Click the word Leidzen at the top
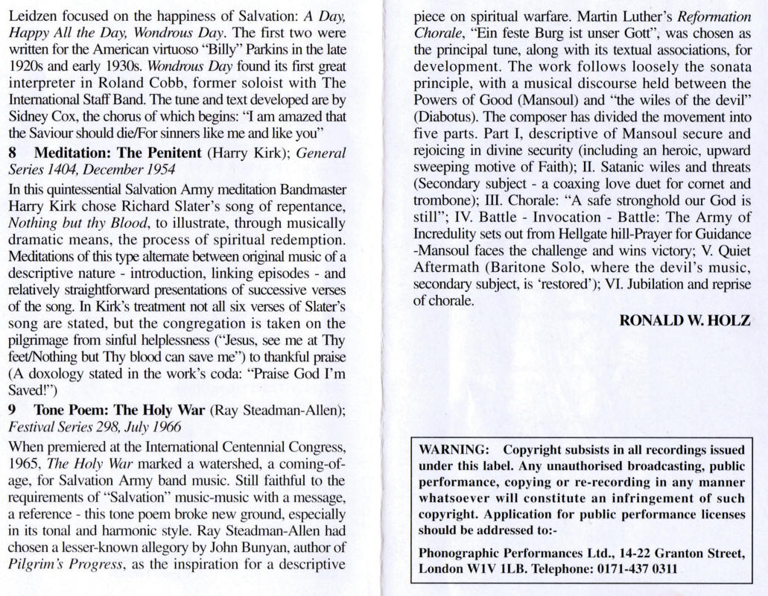tap(31, 17)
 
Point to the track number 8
tap(12, 153)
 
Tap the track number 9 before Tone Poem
tap(12, 410)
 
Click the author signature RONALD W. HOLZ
tap(685, 320)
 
